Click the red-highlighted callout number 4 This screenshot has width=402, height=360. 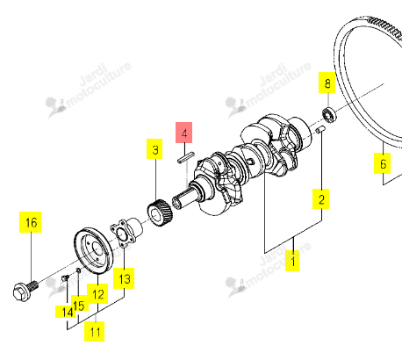pyautogui.click(x=183, y=133)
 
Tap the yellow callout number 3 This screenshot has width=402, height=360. pyautogui.click(x=154, y=149)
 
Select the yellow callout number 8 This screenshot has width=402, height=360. pyautogui.click(x=327, y=83)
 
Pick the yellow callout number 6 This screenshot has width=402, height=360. pyautogui.click(x=382, y=163)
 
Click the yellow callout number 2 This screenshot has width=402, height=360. pyautogui.click(x=320, y=198)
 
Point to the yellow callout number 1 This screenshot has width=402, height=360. pyautogui.click(x=292, y=261)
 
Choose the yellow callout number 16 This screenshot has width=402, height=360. pyautogui.click(x=31, y=222)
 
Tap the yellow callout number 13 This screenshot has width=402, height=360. pyautogui.click(x=124, y=278)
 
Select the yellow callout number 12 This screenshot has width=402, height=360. pyautogui.click(x=97, y=294)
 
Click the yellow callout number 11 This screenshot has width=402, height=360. pyautogui.click(x=95, y=331)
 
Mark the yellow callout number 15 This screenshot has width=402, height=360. pyautogui.click(x=78, y=306)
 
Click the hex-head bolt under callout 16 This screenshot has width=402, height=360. pyautogui.click(x=25, y=290)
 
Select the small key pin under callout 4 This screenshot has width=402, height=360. pyautogui.click(x=186, y=157)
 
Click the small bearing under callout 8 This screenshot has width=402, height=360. pyautogui.click(x=330, y=115)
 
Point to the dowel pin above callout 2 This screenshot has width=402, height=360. pyautogui.click(x=319, y=130)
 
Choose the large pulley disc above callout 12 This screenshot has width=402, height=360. pyautogui.click(x=93, y=251)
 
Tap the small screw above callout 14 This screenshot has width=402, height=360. pyautogui.click(x=65, y=277)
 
